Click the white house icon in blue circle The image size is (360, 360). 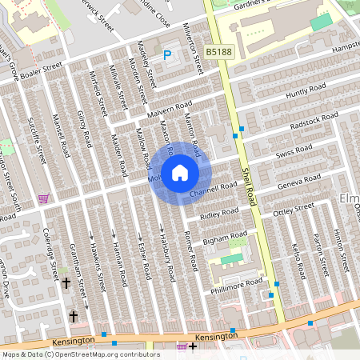(x=180, y=172)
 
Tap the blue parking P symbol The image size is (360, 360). (x=167, y=55)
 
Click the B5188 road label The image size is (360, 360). (x=218, y=52)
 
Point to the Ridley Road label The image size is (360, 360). (x=219, y=215)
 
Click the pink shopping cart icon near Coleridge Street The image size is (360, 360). (x=53, y=199)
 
